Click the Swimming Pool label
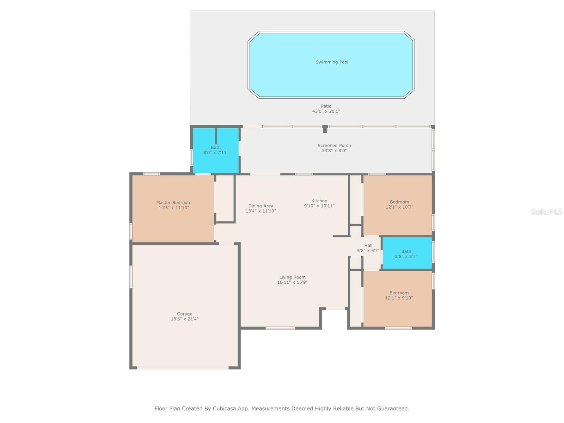pos(332,62)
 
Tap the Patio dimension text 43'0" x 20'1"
pos(326,111)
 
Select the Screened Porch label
pos(334,145)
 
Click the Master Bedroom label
pos(174,203)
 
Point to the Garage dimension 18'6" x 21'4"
pos(185,319)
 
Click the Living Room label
pos(292,277)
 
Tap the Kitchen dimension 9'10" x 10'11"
pos(319,206)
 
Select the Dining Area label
pos(260,206)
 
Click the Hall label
pos(368,245)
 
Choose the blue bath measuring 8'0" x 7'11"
pos(216,150)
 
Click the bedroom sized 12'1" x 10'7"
pos(399,204)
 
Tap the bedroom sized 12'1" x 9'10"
pos(399,295)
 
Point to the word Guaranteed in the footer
pos(392,409)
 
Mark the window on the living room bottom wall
pos(280,328)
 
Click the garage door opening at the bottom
pos(183,368)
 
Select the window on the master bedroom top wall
pos(152,173)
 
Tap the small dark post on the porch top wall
pos(325,129)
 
